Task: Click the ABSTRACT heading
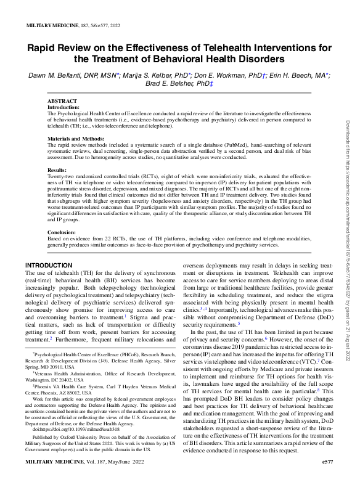63,100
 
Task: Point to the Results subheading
57,170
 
